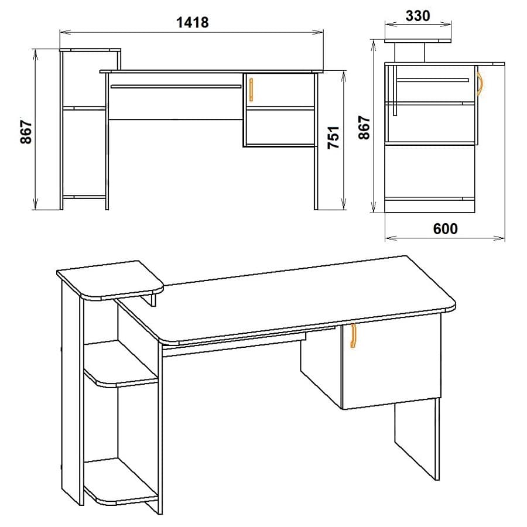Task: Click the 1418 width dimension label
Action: [192, 22]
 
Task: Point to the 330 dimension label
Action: [418, 16]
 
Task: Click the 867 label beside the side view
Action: [364, 128]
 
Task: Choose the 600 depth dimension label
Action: [446, 229]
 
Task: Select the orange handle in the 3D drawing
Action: [353, 337]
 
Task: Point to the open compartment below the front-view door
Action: [280, 127]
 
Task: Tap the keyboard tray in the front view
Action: [176, 87]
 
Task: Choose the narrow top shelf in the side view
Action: [418, 40]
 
